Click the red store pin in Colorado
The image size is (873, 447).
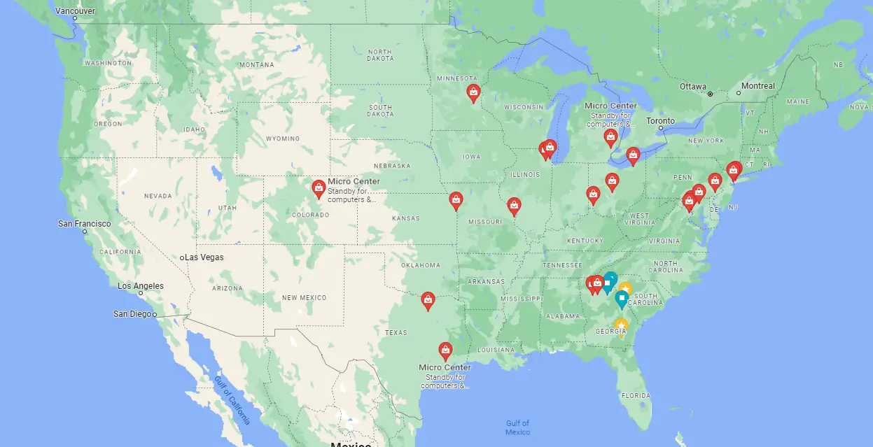pos(319,187)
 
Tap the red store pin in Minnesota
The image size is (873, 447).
pos(474,92)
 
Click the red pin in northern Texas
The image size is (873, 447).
pos(428,300)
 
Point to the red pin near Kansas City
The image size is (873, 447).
pos(456,200)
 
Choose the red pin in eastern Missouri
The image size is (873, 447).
pos(515,205)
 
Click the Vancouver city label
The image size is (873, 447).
pos(75,10)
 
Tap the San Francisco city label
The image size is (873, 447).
pos(84,224)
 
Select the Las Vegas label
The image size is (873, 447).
pos(204,257)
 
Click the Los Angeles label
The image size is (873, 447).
pos(140,286)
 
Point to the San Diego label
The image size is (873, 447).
pos(132,314)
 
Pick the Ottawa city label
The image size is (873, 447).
pos(692,87)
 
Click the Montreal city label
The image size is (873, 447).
pos(757,86)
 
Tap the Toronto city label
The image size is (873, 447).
pos(660,121)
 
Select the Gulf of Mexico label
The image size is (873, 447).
pos(517,427)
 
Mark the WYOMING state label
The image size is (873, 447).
pos(283,139)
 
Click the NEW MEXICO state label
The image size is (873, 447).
pos(304,298)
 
